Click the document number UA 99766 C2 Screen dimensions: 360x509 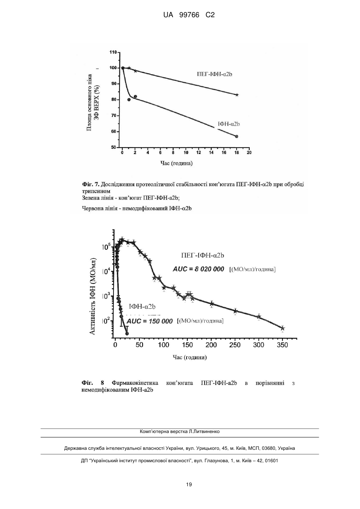click(x=189, y=15)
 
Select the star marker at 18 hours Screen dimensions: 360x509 click(x=237, y=95)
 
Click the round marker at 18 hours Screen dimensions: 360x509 click(x=237, y=136)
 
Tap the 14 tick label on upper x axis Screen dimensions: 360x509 click(x=211, y=153)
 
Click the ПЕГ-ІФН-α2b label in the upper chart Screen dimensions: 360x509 click(x=215, y=74)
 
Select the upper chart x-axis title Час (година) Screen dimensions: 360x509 click(x=177, y=163)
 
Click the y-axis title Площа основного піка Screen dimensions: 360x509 click(x=90, y=102)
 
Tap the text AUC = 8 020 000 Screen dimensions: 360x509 click(x=199, y=269)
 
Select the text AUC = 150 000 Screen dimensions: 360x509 click(x=149, y=321)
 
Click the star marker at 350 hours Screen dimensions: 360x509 click(x=282, y=328)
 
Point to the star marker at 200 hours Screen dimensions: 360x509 click(x=212, y=303)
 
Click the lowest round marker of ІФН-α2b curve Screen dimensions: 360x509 click(x=127, y=333)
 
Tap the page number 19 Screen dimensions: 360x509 click(x=189, y=485)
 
